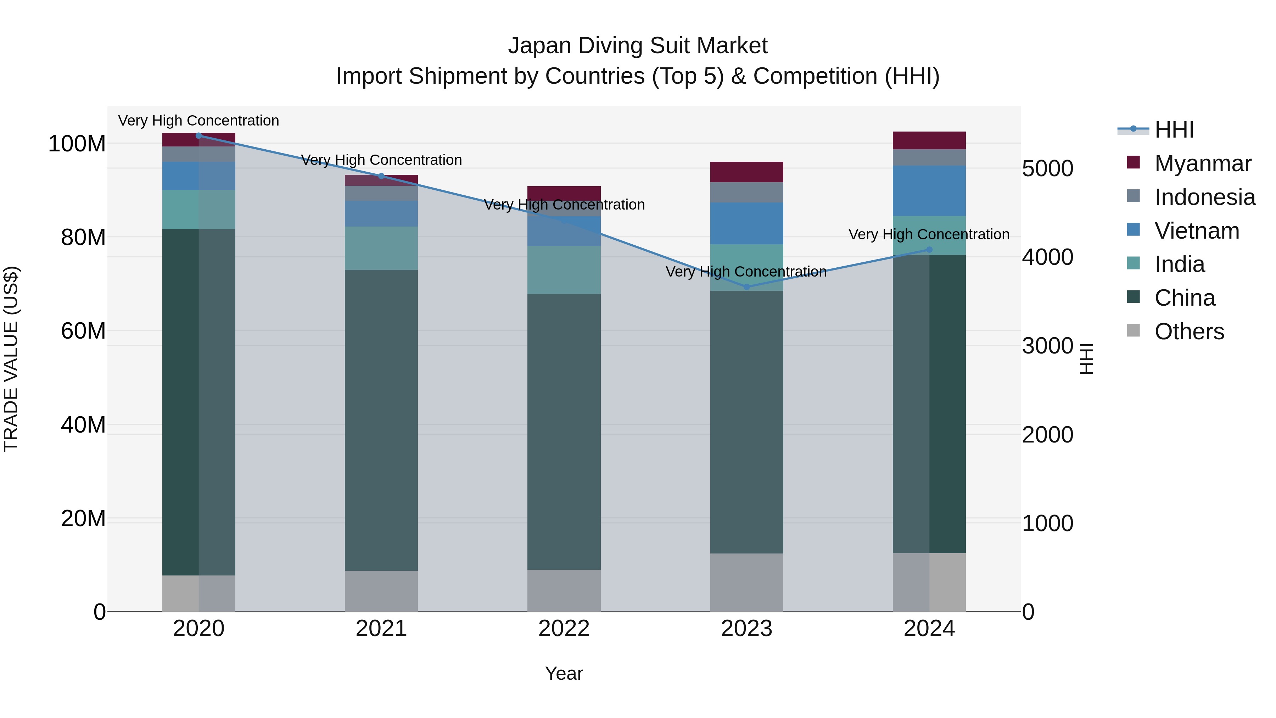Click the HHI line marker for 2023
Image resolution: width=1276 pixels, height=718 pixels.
pyautogui.click(x=746, y=287)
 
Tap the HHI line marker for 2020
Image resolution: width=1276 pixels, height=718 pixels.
pyautogui.click(x=198, y=136)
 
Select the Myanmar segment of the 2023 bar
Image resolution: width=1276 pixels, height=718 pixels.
pyautogui.click(x=746, y=172)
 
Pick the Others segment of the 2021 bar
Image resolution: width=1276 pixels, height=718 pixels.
pyautogui.click(x=381, y=591)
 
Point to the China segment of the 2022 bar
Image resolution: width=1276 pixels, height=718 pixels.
pyautogui.click(x=564, y=431)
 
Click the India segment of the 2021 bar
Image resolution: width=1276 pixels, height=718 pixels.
pyautogui.click(x=381, y=248)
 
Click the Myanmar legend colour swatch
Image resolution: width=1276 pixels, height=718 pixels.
pyautogui.click(x=1133, y=162)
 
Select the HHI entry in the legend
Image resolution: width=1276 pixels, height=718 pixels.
pyautogui.click(x=1174, y=130)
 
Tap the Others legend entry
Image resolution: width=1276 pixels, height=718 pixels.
pyautogui.click(x=1189, y=332)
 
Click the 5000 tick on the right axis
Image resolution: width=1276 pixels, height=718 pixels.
pyautogui.click(x=1047, y=168)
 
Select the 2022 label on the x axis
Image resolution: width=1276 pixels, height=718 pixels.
pyautogui.click(x=564, y=629)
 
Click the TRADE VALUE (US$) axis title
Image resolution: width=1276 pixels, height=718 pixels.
pyautogui.click(x=11, y=359)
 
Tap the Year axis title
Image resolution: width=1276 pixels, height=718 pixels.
pyautogui.click(x=564, y=673)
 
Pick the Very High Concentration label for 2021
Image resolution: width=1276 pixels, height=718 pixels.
pyautogui.click(x=381, y=160)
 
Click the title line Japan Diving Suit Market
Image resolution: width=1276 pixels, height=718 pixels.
pyautogui.click(x=638, y=46)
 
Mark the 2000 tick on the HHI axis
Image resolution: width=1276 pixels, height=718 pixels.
pyautogui.click(x=1047, y=435)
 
